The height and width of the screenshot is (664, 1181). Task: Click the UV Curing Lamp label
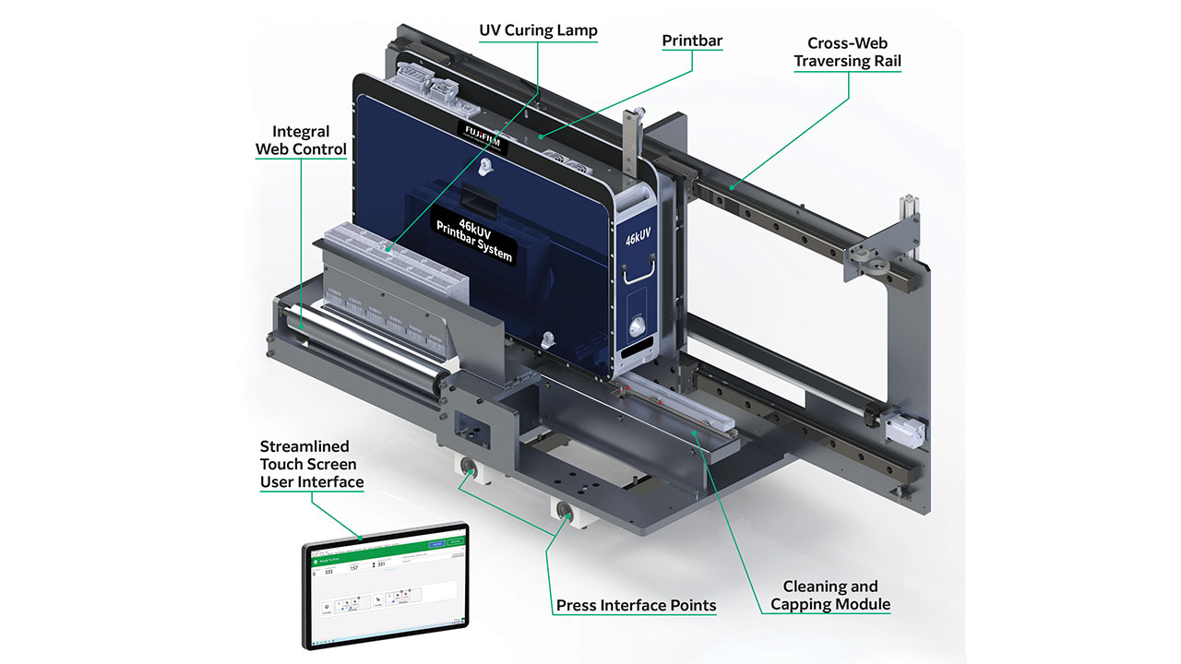click(x=538, y=30)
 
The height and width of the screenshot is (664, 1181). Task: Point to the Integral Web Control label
click(x=301, y=140)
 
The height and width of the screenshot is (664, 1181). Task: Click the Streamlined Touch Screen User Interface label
click(x=311, y=464)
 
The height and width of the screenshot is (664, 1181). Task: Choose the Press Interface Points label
click(x=637, y=606)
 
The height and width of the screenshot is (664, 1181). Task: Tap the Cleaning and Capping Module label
click(x=830, y=596)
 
